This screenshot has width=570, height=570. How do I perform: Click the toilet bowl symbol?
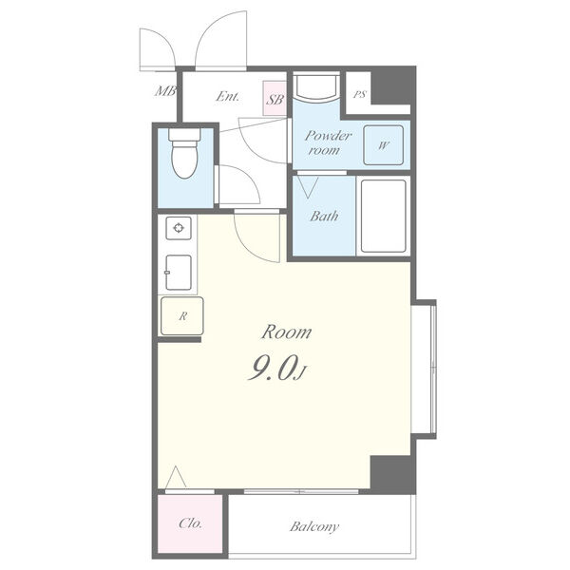(184, 154)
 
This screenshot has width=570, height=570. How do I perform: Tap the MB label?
(165, 91)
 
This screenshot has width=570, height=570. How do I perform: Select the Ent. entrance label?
(228, 96)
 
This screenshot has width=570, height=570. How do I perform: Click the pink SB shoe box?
(275, 98)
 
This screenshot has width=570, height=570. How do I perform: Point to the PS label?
(360, 94)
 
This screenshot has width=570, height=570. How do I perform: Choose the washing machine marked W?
(384, 145)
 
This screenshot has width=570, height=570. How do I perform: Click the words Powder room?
(328, 142)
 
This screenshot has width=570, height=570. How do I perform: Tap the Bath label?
(324, 217)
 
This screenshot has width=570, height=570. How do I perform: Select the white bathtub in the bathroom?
(384, 216)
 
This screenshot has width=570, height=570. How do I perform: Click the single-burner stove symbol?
(179, 228)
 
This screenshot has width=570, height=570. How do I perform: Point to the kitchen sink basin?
(179, 273)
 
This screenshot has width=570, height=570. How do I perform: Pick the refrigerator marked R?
(182, 316)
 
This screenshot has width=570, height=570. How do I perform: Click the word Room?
(287, 332)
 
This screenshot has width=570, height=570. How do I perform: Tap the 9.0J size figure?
(277, 369)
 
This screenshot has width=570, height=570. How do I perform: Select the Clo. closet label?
(190, 523)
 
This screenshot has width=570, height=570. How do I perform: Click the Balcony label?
(314, 526)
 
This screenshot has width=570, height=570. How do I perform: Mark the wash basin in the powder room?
(316, 87)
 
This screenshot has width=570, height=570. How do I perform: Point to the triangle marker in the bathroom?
(308, 187)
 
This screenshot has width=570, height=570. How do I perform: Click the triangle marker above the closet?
(176, 477)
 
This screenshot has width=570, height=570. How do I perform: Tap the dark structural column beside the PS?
(392, 86)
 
